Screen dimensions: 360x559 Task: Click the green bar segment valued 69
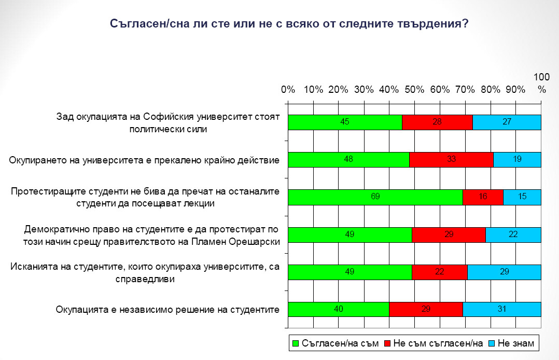[375, 197]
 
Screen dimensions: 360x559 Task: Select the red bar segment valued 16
[483, 197]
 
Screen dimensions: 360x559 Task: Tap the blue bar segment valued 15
[522, 197]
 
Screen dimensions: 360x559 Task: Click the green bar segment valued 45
[345, 122]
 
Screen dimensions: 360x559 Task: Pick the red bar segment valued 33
[451, 160]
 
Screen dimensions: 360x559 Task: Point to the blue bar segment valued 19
[517, 160]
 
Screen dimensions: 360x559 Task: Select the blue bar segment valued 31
[502, 309]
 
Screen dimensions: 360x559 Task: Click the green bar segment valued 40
[338, 309]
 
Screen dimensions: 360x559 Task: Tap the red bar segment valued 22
[440, 272]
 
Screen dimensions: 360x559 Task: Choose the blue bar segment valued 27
[507, 122]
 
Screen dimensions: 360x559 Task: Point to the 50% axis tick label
[414, 89]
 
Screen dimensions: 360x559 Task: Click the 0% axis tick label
[288, 89]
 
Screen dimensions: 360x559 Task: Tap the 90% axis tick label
[515, 89]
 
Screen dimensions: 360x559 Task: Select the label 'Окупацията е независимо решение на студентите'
[168, 310]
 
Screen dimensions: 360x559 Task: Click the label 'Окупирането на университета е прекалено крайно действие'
[145, 160]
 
